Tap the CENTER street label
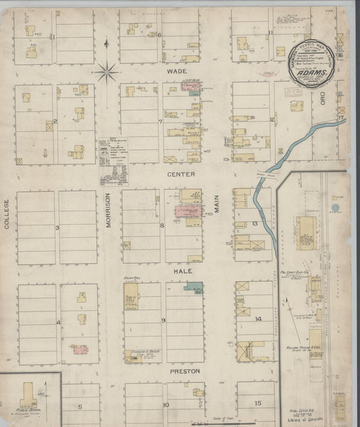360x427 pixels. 182,174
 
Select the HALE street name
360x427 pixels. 181,270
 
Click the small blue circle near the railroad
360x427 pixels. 336,208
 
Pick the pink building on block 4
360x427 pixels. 80,350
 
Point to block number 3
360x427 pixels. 57,228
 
